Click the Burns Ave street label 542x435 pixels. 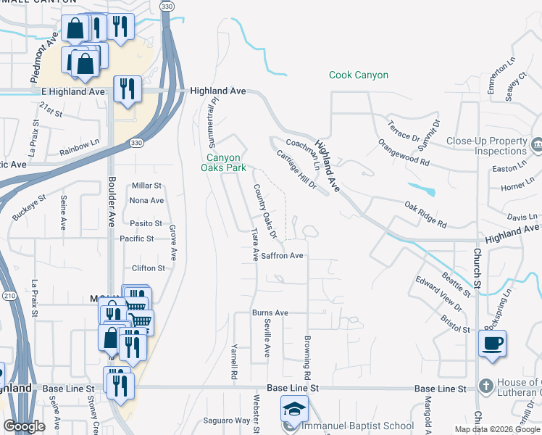(270, 312)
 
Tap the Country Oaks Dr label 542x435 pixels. (264, 210)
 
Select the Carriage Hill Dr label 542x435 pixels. (297, 169)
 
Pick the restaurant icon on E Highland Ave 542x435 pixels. (128, 89)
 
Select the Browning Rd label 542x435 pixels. (307, 355)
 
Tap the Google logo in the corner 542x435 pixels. (24, 426)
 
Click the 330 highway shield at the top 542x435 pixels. (167, 6)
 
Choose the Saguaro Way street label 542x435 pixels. (226, 420)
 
